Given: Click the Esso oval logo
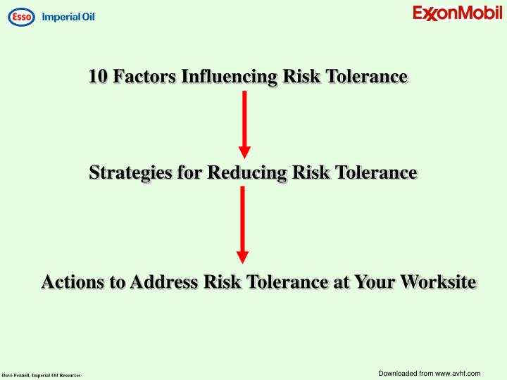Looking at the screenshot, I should tap(21, 16).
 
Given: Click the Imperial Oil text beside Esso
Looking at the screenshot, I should tap(68, 16).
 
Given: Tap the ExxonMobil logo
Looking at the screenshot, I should tap(457, 13).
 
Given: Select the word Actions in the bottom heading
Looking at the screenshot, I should tap(70, 282).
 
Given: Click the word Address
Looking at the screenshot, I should tap(161, 282).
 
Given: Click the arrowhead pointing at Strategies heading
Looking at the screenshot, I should tap(244, 151).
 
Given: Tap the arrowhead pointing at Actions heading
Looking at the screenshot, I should tap(243, 257).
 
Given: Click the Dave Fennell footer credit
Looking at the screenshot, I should tap(41, 376).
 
